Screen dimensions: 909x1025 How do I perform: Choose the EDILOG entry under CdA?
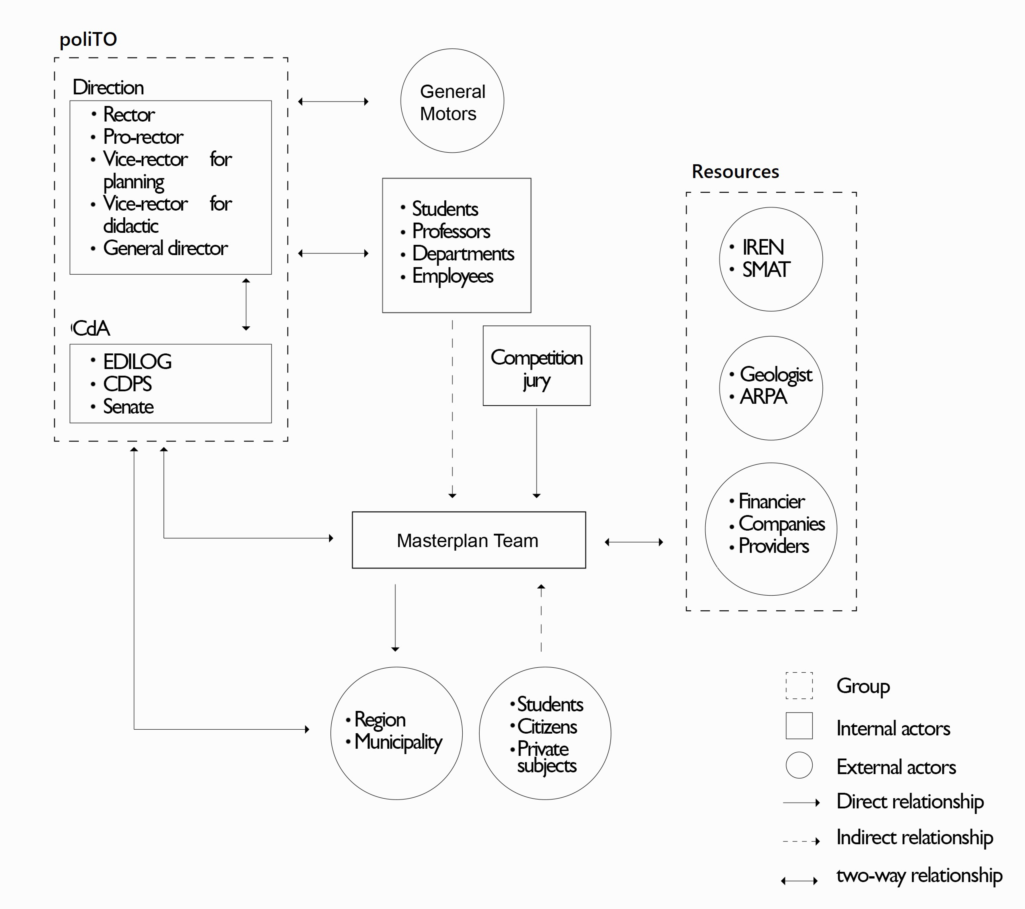137,361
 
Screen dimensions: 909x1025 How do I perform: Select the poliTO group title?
88,39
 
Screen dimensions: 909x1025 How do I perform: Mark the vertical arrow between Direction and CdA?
246,304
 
